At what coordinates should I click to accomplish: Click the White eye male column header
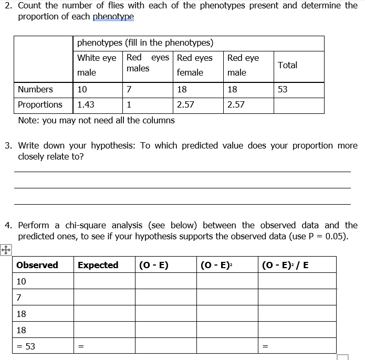click(97, 65)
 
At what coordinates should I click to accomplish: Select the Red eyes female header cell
click(195, 65)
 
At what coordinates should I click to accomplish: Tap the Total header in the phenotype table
click(287, 65)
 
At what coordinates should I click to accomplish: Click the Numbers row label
click(35, 89)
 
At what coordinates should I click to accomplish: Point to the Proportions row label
click(40, 104)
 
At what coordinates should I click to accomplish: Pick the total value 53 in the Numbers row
click(283, 89)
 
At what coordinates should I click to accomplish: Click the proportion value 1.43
click(86, 104)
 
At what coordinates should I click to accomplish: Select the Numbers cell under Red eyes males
click(129, 89)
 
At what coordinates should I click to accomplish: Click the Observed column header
click(37, 265)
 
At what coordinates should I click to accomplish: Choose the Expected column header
click(98, 265)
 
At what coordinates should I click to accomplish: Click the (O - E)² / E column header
click(286, 265)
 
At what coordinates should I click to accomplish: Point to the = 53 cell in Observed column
click(26, 346)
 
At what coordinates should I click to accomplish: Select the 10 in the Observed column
click(22, 281)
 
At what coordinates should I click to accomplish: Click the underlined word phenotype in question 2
click(113, 16)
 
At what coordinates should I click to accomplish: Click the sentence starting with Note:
click(96, 120)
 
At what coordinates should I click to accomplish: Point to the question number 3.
click(8, 145)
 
